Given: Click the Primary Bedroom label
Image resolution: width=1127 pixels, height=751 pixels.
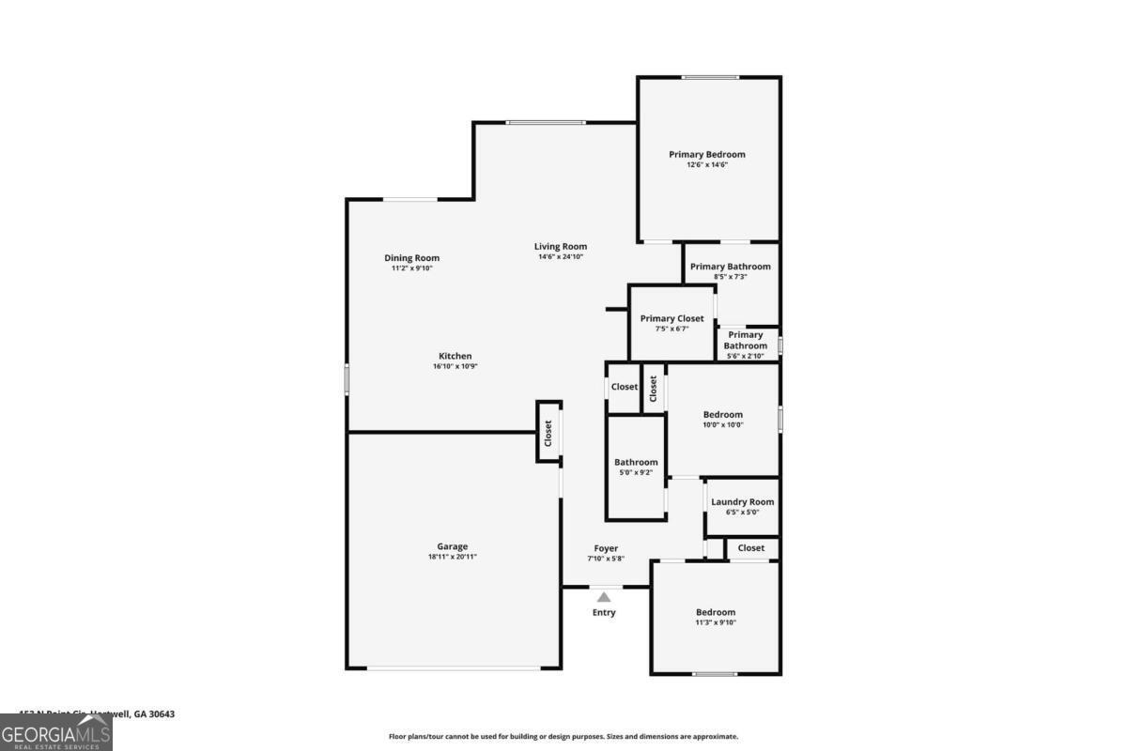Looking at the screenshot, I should pyautogui.click(x=707, y=155).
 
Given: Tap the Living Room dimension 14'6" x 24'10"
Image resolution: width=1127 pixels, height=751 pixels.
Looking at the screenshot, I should pyautogui.click(x=561, y=257).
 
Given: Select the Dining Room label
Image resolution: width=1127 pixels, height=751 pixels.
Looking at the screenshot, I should pyautogui.click(x=411, y=258).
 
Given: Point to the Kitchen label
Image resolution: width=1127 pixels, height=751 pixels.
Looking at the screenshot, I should pyautogui.click(x=455, y=356).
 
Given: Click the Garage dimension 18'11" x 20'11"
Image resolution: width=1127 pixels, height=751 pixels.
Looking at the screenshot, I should pyautogui.click(x=452, y=557).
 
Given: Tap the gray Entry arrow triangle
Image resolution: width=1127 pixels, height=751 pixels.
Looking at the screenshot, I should pyautogui.click(x=604, y=596).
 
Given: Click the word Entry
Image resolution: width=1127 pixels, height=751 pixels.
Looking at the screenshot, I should pyautogui.click(x=604, y=613).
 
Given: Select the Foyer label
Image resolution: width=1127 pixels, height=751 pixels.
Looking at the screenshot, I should pyautogui.click(x=606, y=548).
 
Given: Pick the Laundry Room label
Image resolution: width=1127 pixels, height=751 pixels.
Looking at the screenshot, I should pyautogui.click(x=742, y=502).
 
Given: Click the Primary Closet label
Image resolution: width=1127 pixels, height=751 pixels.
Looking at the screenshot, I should pyautogui.click(x=672, y=319).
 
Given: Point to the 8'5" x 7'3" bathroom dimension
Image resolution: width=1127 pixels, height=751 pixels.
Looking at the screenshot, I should pyautogui.click(x=730, y=277).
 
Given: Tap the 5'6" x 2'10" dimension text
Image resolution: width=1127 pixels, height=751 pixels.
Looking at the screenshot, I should pyautogui.click(x=745, y=356).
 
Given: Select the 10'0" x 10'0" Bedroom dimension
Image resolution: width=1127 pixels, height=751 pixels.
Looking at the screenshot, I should pyautogui.click(x=723, y=424).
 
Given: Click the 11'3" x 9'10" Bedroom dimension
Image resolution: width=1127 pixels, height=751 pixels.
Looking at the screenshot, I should pyautogui.click(x=716, y=622).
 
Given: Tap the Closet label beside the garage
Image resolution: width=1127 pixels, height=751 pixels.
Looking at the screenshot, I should pyautogui.click(x=548, y=433).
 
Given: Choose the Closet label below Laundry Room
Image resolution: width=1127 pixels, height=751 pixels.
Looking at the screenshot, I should pyautogui.click(x=750, y=548).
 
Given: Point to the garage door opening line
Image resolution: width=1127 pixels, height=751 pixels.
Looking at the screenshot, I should pyautogui.click(x=454, y=668).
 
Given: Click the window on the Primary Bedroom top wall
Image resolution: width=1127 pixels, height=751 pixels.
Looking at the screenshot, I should pyautogui.click(x=709, y=77).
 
